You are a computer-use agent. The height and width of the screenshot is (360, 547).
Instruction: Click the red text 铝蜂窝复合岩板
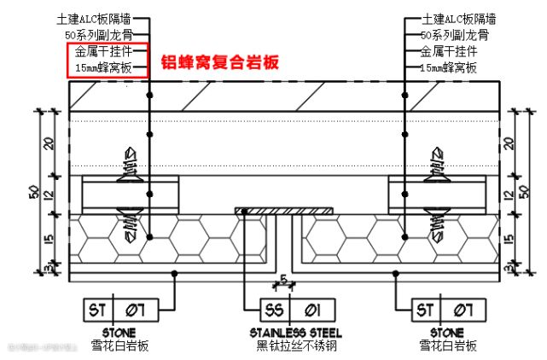[220, 62]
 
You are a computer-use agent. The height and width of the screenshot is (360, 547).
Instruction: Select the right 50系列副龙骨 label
[456, 35]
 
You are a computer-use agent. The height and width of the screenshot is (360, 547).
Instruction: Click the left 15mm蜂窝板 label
[103, 67]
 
